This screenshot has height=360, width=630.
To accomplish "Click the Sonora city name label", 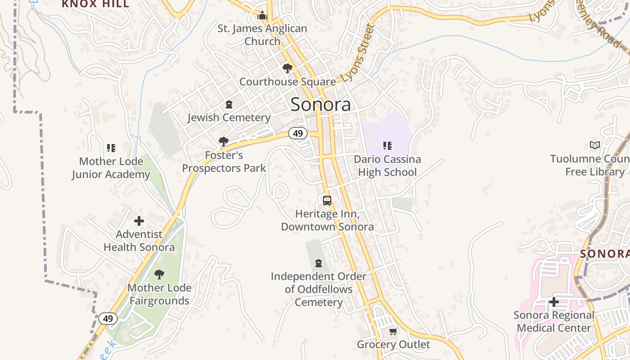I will [x=320, y=104].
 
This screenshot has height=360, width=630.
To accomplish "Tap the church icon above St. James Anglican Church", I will [x=262, y=16].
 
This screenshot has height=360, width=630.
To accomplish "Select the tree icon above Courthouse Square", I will [x=287, y=68].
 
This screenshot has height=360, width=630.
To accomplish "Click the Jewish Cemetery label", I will [x=229, y=118].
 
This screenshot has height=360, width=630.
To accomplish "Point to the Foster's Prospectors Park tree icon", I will [x=223, y=142].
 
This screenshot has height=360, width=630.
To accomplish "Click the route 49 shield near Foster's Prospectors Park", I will [x=298, y=133].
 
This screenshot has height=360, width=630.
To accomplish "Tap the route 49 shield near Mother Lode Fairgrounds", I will [x=108, y=319].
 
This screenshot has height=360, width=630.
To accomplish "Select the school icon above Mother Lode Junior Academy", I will [x=111, y=148].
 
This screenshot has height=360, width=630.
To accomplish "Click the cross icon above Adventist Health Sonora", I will [x=139, y=221].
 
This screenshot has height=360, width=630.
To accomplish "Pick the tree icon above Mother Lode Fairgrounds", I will [x=159, y=274].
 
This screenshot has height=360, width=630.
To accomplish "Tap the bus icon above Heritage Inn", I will [x=327, y=200].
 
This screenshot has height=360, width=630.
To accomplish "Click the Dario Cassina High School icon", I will [x=387, y=145].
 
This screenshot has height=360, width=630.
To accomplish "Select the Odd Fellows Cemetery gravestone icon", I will [x=319, y=263].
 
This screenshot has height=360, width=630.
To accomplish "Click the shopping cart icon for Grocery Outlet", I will [x=393, y=332].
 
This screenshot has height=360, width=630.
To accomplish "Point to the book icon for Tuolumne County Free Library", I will [x=595, y=145].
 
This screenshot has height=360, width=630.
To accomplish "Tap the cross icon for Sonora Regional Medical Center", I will [x=554, y=302].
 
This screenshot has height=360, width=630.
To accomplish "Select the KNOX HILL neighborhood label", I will [x=95, y=4].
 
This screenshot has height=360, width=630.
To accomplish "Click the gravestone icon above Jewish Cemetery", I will [x=229, y=105].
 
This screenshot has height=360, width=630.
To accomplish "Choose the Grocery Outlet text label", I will [x=393, y=345].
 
